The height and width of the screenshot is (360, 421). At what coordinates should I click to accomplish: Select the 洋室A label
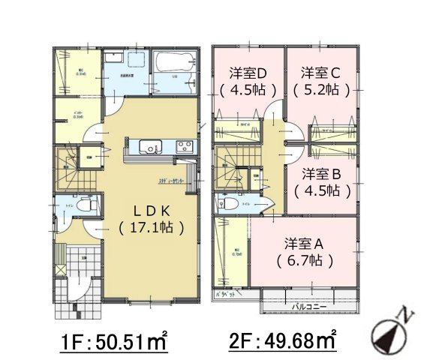pos(304,244)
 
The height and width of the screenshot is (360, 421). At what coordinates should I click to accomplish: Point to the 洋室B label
pos(322,174)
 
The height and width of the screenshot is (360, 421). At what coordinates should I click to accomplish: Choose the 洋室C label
pos(322,73)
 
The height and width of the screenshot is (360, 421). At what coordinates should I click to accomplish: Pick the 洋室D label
pos(248,73)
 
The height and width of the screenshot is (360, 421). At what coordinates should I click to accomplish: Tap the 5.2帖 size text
pos(322,89)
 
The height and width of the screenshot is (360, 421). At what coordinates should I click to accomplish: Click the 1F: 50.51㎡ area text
pos(114,341)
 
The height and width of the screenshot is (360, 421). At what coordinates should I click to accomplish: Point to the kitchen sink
pos(151,148)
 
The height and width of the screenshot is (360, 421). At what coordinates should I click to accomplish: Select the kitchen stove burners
pos(183,148)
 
